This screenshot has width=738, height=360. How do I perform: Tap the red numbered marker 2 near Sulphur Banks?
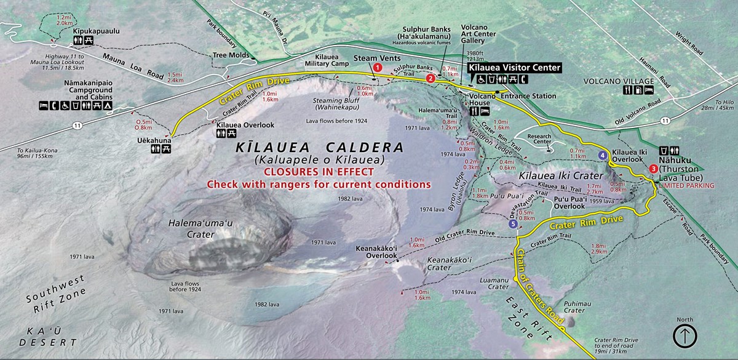click(430, 78)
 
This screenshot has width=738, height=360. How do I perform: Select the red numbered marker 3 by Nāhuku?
click(653, 169)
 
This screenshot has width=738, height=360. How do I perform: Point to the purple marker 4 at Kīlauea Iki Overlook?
click(603, 156)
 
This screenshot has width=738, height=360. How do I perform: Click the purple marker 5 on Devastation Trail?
click(513, 224)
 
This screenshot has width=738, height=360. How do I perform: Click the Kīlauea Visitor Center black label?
click(515, 68)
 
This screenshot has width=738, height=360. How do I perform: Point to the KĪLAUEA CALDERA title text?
click(319, 148)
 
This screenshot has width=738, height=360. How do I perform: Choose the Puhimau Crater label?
click(575, 306)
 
